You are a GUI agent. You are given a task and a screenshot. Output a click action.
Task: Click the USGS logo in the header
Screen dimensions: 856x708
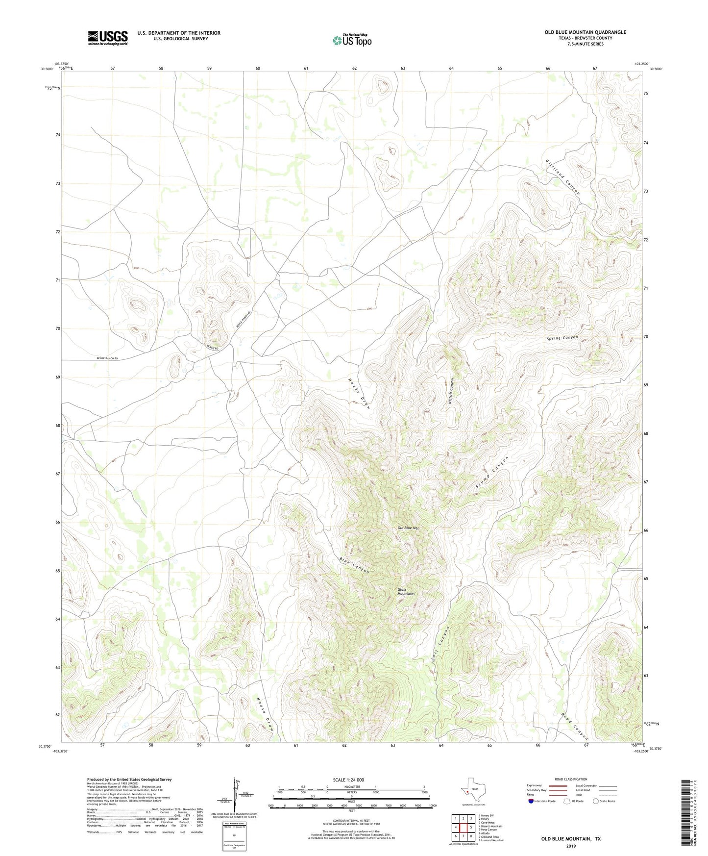point(108,38)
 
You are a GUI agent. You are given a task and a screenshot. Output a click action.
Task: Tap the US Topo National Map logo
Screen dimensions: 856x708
point(351,40)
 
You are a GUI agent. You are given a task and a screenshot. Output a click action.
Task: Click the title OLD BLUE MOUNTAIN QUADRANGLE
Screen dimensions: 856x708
point(585,32)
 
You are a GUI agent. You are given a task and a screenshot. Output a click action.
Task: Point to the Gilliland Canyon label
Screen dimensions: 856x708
point(563,177)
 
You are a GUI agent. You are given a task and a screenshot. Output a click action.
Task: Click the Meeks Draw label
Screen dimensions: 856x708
point(360,393)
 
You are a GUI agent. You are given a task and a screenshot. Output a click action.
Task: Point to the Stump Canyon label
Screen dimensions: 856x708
point(492,472)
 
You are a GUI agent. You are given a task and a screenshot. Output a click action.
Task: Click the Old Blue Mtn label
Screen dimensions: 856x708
point(409,528)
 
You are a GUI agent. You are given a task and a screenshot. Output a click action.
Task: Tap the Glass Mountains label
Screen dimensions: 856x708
point(406,592)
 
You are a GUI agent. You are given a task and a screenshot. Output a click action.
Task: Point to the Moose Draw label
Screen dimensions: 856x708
point(265,714)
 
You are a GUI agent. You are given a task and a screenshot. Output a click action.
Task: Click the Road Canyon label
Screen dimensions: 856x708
point(574,726)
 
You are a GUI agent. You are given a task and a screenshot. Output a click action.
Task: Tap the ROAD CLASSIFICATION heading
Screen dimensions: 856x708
point(571,779)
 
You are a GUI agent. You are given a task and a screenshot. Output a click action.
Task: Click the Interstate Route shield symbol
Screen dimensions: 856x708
point(531,801)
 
